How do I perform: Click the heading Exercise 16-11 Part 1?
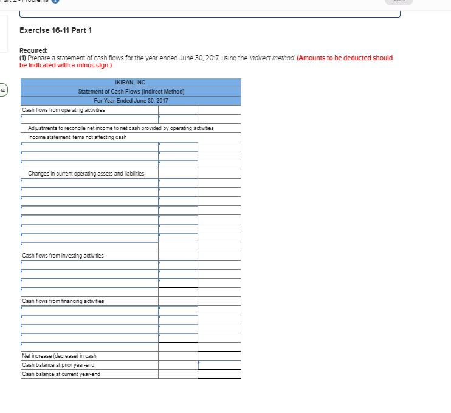[55, 30]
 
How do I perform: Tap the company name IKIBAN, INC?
[131, 83]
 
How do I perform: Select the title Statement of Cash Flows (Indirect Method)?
[131, 91]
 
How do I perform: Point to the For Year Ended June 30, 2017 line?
[131, 100]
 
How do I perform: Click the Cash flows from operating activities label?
[63, 110]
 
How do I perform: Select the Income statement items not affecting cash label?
[77, 137]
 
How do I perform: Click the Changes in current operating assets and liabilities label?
[86, 174]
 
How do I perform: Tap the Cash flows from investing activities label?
[63, 256]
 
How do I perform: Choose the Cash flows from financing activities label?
[63, 301]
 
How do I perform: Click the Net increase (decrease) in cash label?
[59, 356]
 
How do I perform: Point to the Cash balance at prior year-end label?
[58, 365]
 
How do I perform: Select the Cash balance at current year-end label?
[61, 374]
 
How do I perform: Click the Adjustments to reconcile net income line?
[120, 128]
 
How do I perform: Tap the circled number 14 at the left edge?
[3, 91]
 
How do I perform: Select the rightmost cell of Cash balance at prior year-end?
[219, 365]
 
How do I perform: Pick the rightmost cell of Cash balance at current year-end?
[219, 374]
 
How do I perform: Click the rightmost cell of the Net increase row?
[219, 356]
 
